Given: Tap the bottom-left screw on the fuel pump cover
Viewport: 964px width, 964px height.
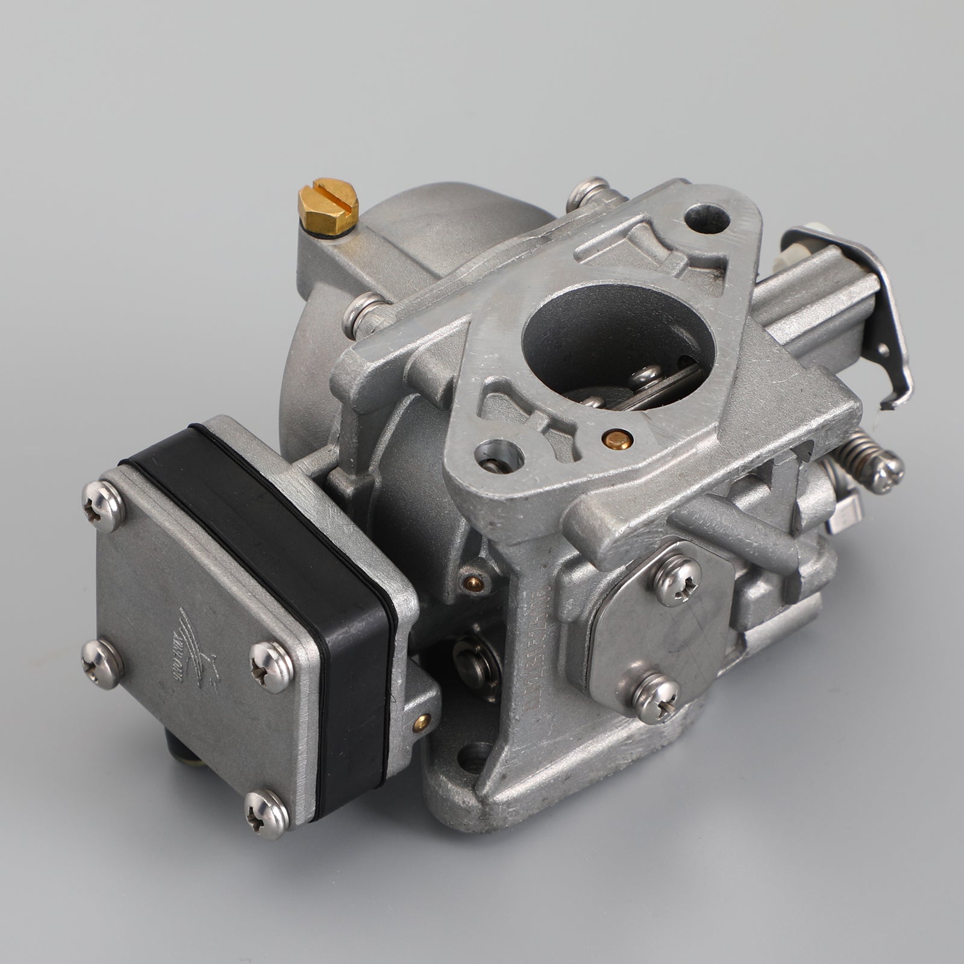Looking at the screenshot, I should tap(101, 663).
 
